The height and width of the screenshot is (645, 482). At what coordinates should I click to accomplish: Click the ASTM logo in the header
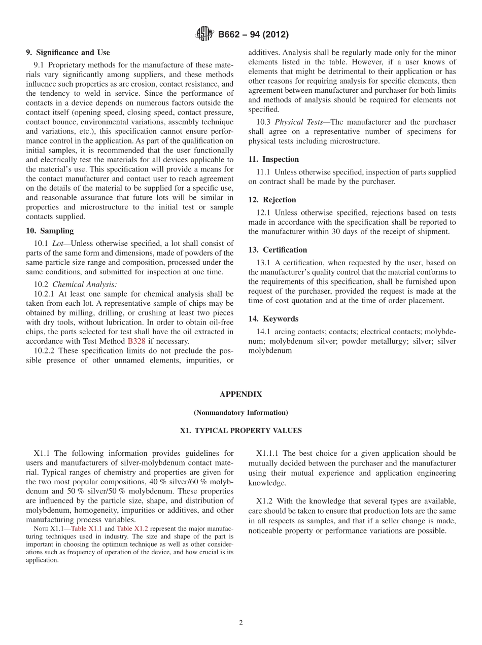(x=204, y=34)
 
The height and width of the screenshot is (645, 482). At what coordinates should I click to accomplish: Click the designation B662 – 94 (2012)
(x=253, y=34)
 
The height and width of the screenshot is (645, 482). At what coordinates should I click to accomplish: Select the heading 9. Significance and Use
(x=68, y=53)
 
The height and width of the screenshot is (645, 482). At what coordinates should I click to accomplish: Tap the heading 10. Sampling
(x=50, y=231)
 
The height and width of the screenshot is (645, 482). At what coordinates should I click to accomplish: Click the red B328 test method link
(x=136, y=341)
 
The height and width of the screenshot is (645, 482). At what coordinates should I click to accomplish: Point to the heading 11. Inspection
(x=273, y=159)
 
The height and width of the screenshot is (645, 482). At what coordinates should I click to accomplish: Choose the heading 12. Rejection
(x=272, y=200)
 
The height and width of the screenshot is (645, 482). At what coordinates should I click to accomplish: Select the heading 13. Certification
(x=278, y=249)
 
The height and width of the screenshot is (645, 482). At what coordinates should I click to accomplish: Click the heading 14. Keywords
(x=273, y=319)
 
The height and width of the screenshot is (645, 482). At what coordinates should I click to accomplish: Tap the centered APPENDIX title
(x=241, y=394)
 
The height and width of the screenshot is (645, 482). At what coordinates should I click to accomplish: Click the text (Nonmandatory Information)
(x=241, y=412)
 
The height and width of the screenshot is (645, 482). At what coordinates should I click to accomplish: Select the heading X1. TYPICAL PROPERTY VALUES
(x=241, y=431)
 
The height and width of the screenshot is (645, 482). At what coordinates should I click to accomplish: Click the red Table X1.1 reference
(x=86, y=528)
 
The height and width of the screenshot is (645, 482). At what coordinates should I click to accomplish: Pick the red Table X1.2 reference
(x=132, y=528)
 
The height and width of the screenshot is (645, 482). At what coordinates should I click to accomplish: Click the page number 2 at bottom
(x=241, y=623)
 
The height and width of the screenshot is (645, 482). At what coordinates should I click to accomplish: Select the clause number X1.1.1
(x=268, y=453)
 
